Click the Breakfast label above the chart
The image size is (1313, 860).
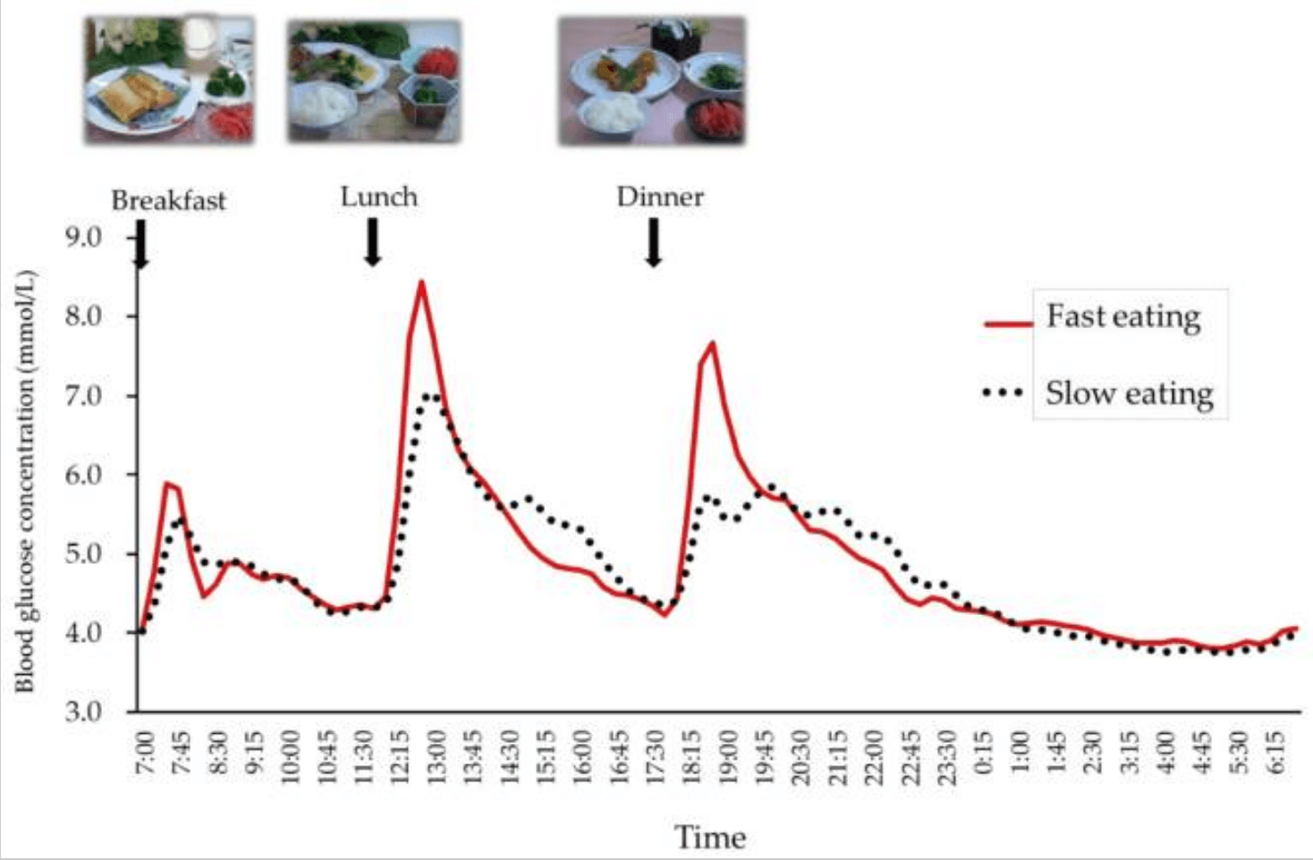[168, 200]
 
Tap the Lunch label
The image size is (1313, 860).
[378, 197]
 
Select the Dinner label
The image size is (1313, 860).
[659, 197]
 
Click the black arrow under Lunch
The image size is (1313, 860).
[373, 242]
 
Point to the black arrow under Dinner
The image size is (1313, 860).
[654, 242]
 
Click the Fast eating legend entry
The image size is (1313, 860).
[1122, 317]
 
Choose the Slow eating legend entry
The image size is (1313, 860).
[1129, 393]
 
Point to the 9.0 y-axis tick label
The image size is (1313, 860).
[83, 237]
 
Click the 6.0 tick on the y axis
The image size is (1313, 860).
[83, 475]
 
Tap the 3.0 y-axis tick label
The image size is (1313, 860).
[83, 712]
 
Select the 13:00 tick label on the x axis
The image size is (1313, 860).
[436, 756]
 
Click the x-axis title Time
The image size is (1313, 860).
[709, 838]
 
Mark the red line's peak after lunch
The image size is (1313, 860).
[421, 282]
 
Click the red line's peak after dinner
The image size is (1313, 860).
[712, 343]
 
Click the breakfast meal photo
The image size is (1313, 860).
[169, 80]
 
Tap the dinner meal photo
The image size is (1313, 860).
[651, 80]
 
